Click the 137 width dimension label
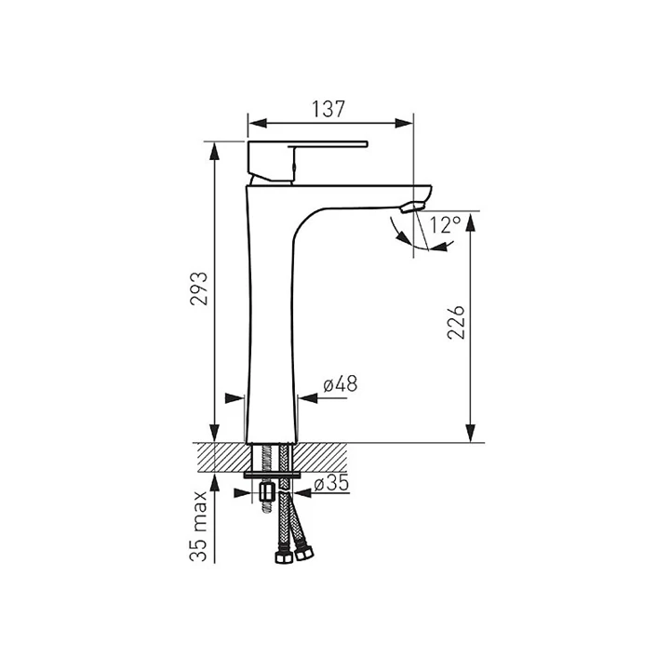(x=328, y=110)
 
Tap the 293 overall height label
(x=199, y=288)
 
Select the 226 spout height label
(x=456, y=322)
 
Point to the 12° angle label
(x=445, y=225)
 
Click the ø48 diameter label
(x=341, y=383)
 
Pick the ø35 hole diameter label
(x=331, y=483)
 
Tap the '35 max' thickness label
(x=199, y=526)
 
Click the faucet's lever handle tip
(x=366, y=143)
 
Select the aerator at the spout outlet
(x=412, y=208)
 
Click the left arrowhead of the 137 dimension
(x=258, y=124)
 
